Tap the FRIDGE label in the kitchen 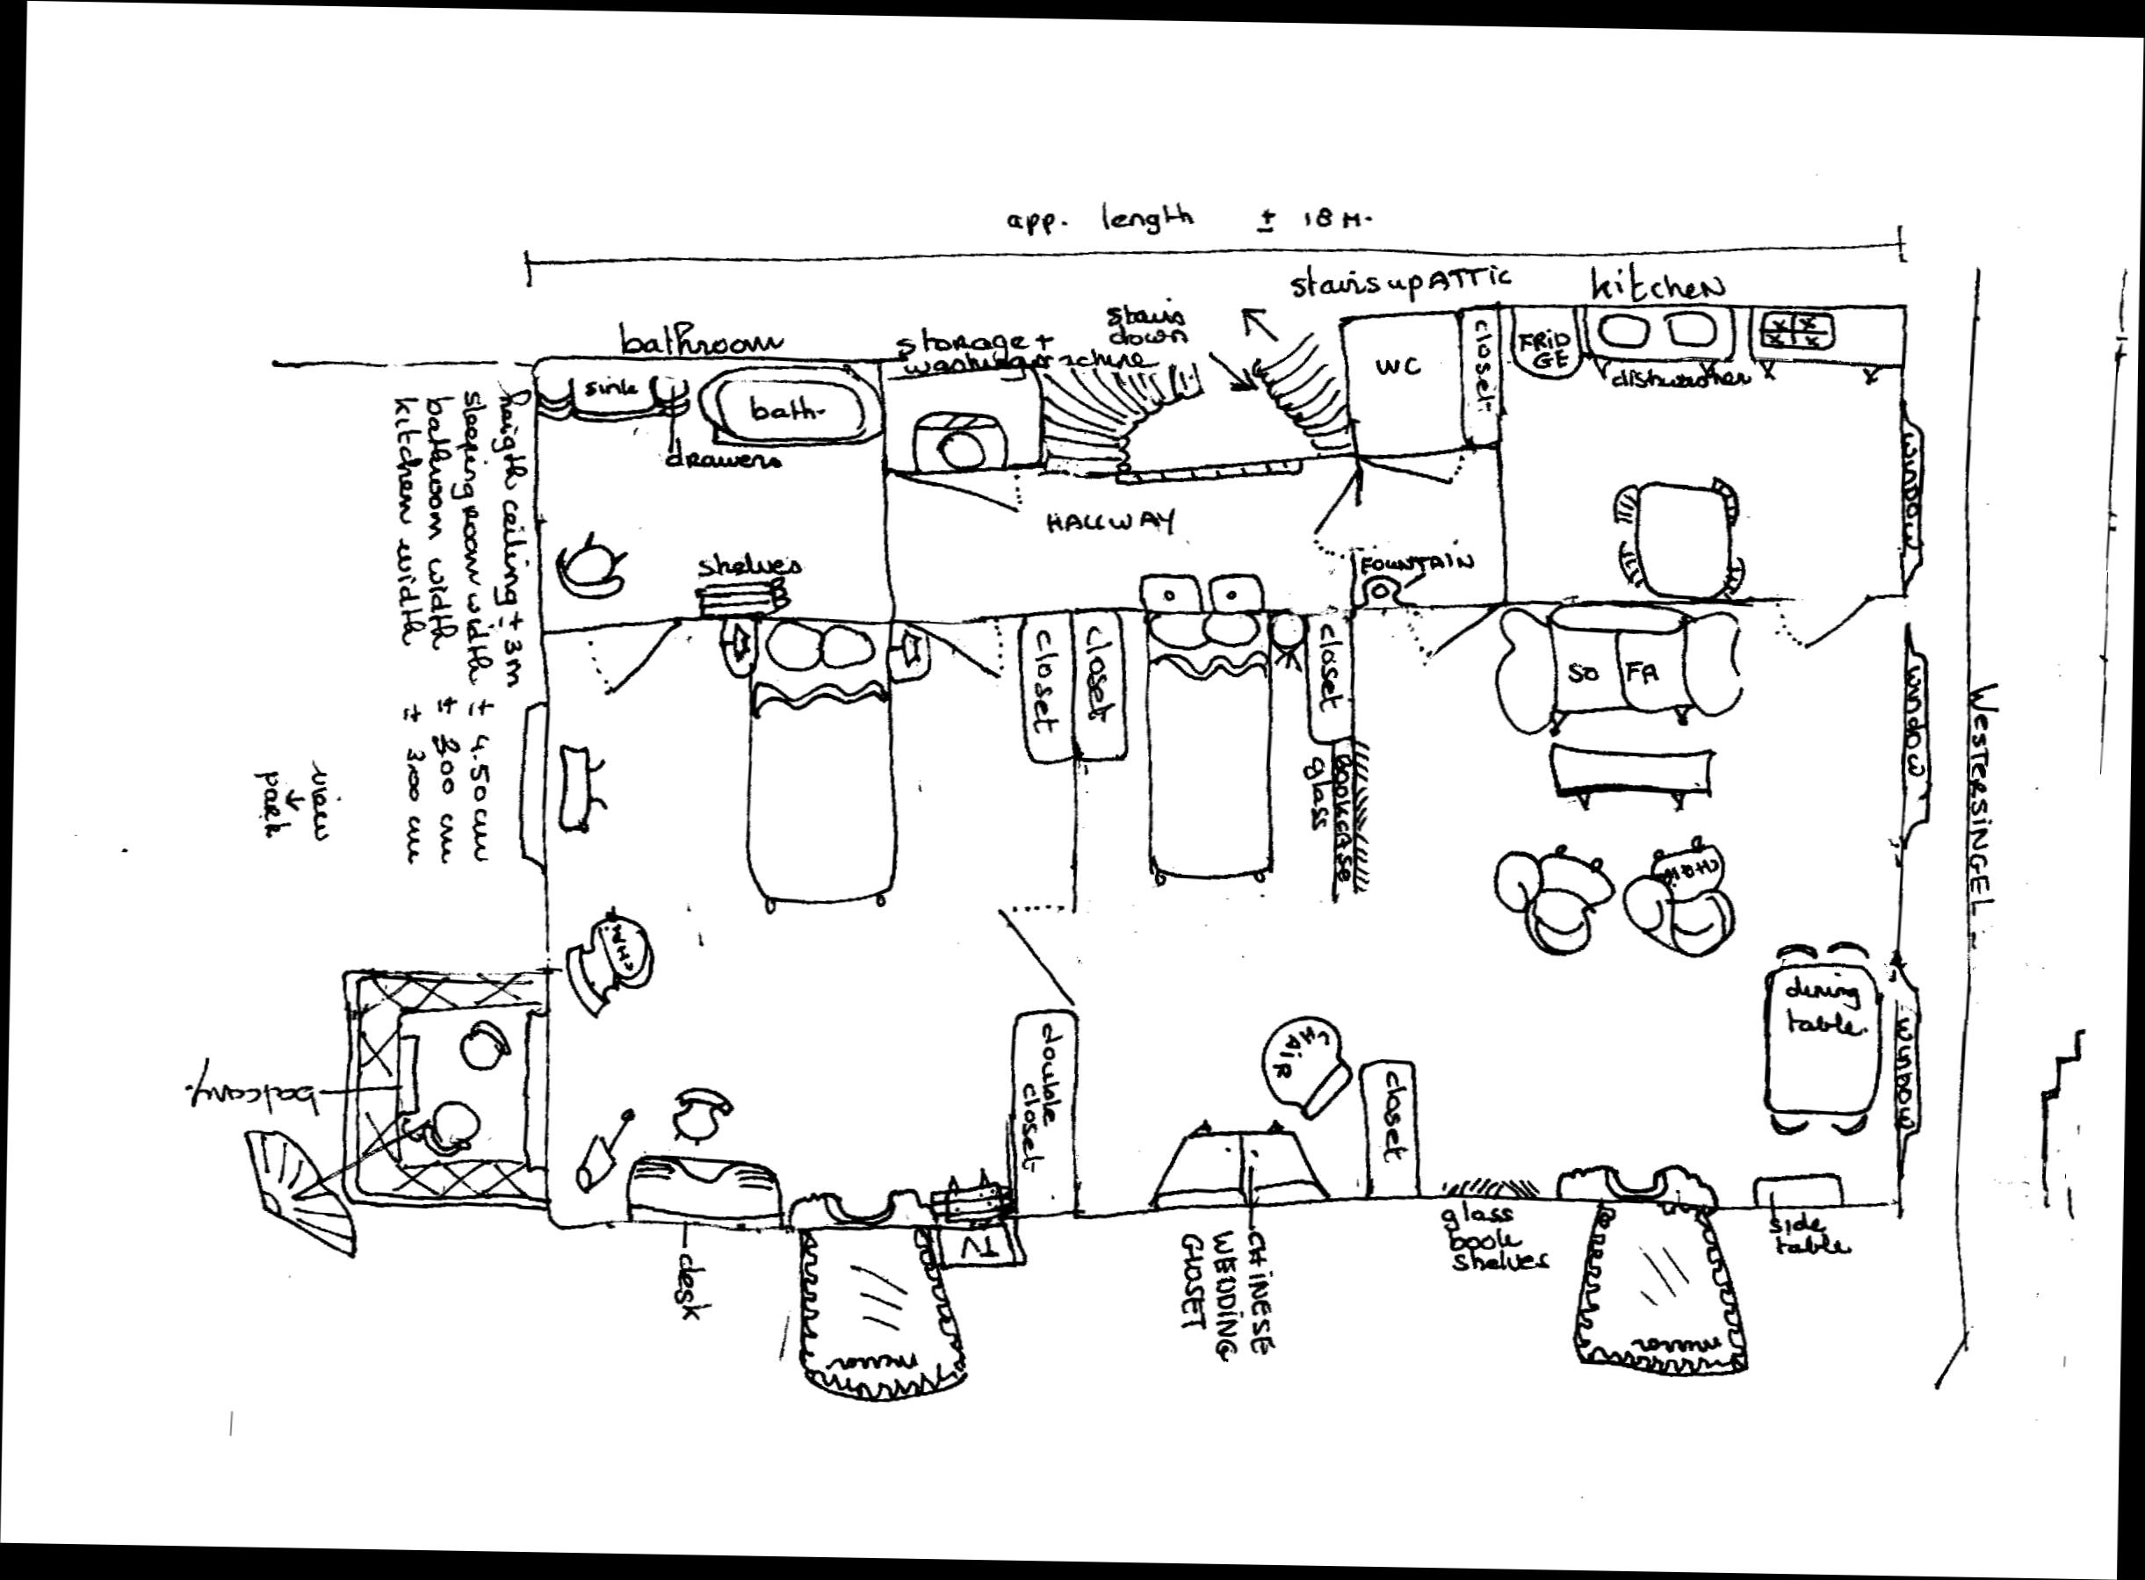(1546, 351)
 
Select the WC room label (1398, 365)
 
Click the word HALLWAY (1109, 523)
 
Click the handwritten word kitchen (1657, 287)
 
